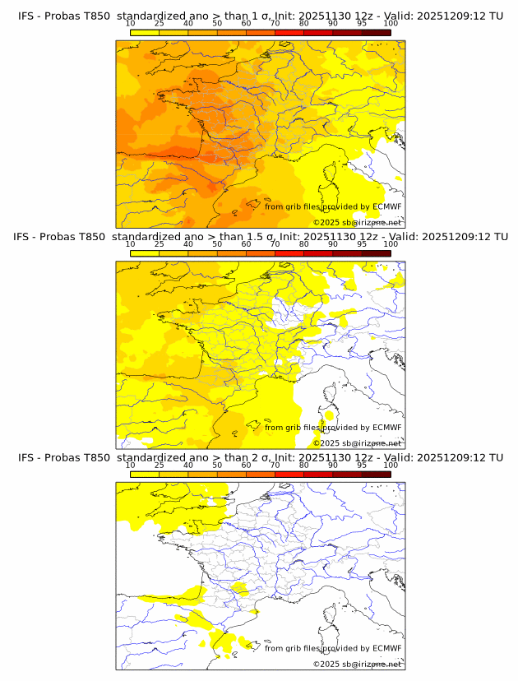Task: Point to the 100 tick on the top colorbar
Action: pos(391,24)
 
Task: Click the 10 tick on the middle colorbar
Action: pos(131,244)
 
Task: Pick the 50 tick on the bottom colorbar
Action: pos(217,465)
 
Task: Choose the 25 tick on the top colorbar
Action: pos(160,24)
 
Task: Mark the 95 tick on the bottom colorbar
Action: pos(362,465)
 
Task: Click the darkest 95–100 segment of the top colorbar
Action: pos(376,32)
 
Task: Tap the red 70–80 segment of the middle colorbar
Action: pos(289,252)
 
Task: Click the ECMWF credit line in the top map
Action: pos(333,207)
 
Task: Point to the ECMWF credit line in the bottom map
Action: pos(333,648)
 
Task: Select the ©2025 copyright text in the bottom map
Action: pos(357,664)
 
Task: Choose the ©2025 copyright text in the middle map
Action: pos(357,443)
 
